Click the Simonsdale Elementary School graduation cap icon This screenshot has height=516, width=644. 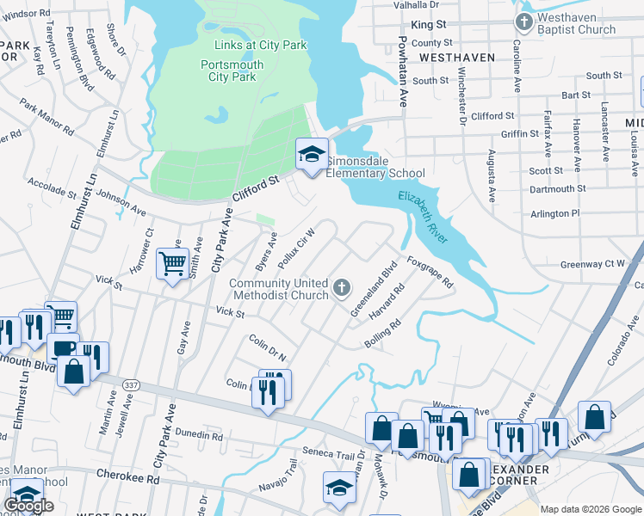(312, 154)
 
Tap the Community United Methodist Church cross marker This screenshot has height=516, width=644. (342, 286)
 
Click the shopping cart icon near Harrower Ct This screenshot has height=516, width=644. (172, 262)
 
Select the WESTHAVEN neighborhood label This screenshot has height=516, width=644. (457, 57)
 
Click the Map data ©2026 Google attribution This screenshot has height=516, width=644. (591, 509)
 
